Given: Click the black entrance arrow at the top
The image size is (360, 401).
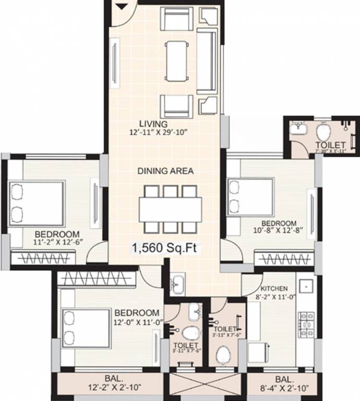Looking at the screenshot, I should pos(122,6).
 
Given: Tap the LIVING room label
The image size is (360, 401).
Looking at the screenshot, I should pos(153,124).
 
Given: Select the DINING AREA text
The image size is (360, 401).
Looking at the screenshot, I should pos(165,171).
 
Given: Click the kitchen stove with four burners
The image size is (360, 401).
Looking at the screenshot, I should pos(306,324).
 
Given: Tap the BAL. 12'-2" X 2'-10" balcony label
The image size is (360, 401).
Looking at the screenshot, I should pos(110,383).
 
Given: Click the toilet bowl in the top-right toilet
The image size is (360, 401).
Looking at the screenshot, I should pos(323,128).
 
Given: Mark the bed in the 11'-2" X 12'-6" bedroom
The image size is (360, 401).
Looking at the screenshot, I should pos(37,204).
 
